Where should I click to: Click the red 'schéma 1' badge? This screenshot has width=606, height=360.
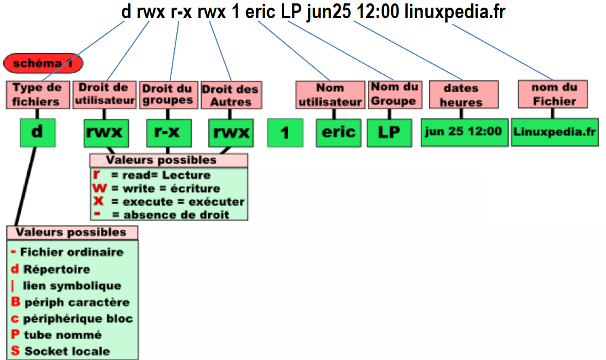point(43,64)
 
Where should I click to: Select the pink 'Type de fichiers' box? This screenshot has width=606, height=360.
point(37,95)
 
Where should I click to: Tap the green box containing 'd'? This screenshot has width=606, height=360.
point(37,132)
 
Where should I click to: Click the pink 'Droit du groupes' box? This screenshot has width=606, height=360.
point(168,95)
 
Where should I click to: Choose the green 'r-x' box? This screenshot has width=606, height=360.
point(168,133)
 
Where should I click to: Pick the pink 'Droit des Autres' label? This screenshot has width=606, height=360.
point(231,95)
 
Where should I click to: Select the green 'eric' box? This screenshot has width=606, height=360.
point(338,133)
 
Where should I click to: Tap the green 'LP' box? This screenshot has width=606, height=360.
point(389,133)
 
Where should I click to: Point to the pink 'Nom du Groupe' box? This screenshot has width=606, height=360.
point(395,94)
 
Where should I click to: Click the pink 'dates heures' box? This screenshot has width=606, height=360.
point(463,95)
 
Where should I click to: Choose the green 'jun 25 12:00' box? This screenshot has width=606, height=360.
point(464,132)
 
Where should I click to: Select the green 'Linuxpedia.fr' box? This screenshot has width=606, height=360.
point(555,132)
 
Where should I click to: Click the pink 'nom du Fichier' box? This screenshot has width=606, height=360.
point(553,94)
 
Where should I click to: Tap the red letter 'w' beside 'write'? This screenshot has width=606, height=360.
point(99,188)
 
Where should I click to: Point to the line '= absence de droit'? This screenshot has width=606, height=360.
point(170,215)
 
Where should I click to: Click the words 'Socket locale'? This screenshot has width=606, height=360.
point(67,351)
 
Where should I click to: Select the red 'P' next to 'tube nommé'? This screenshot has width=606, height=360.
point(15,334)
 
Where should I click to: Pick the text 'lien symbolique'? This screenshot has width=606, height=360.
point(72,286)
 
